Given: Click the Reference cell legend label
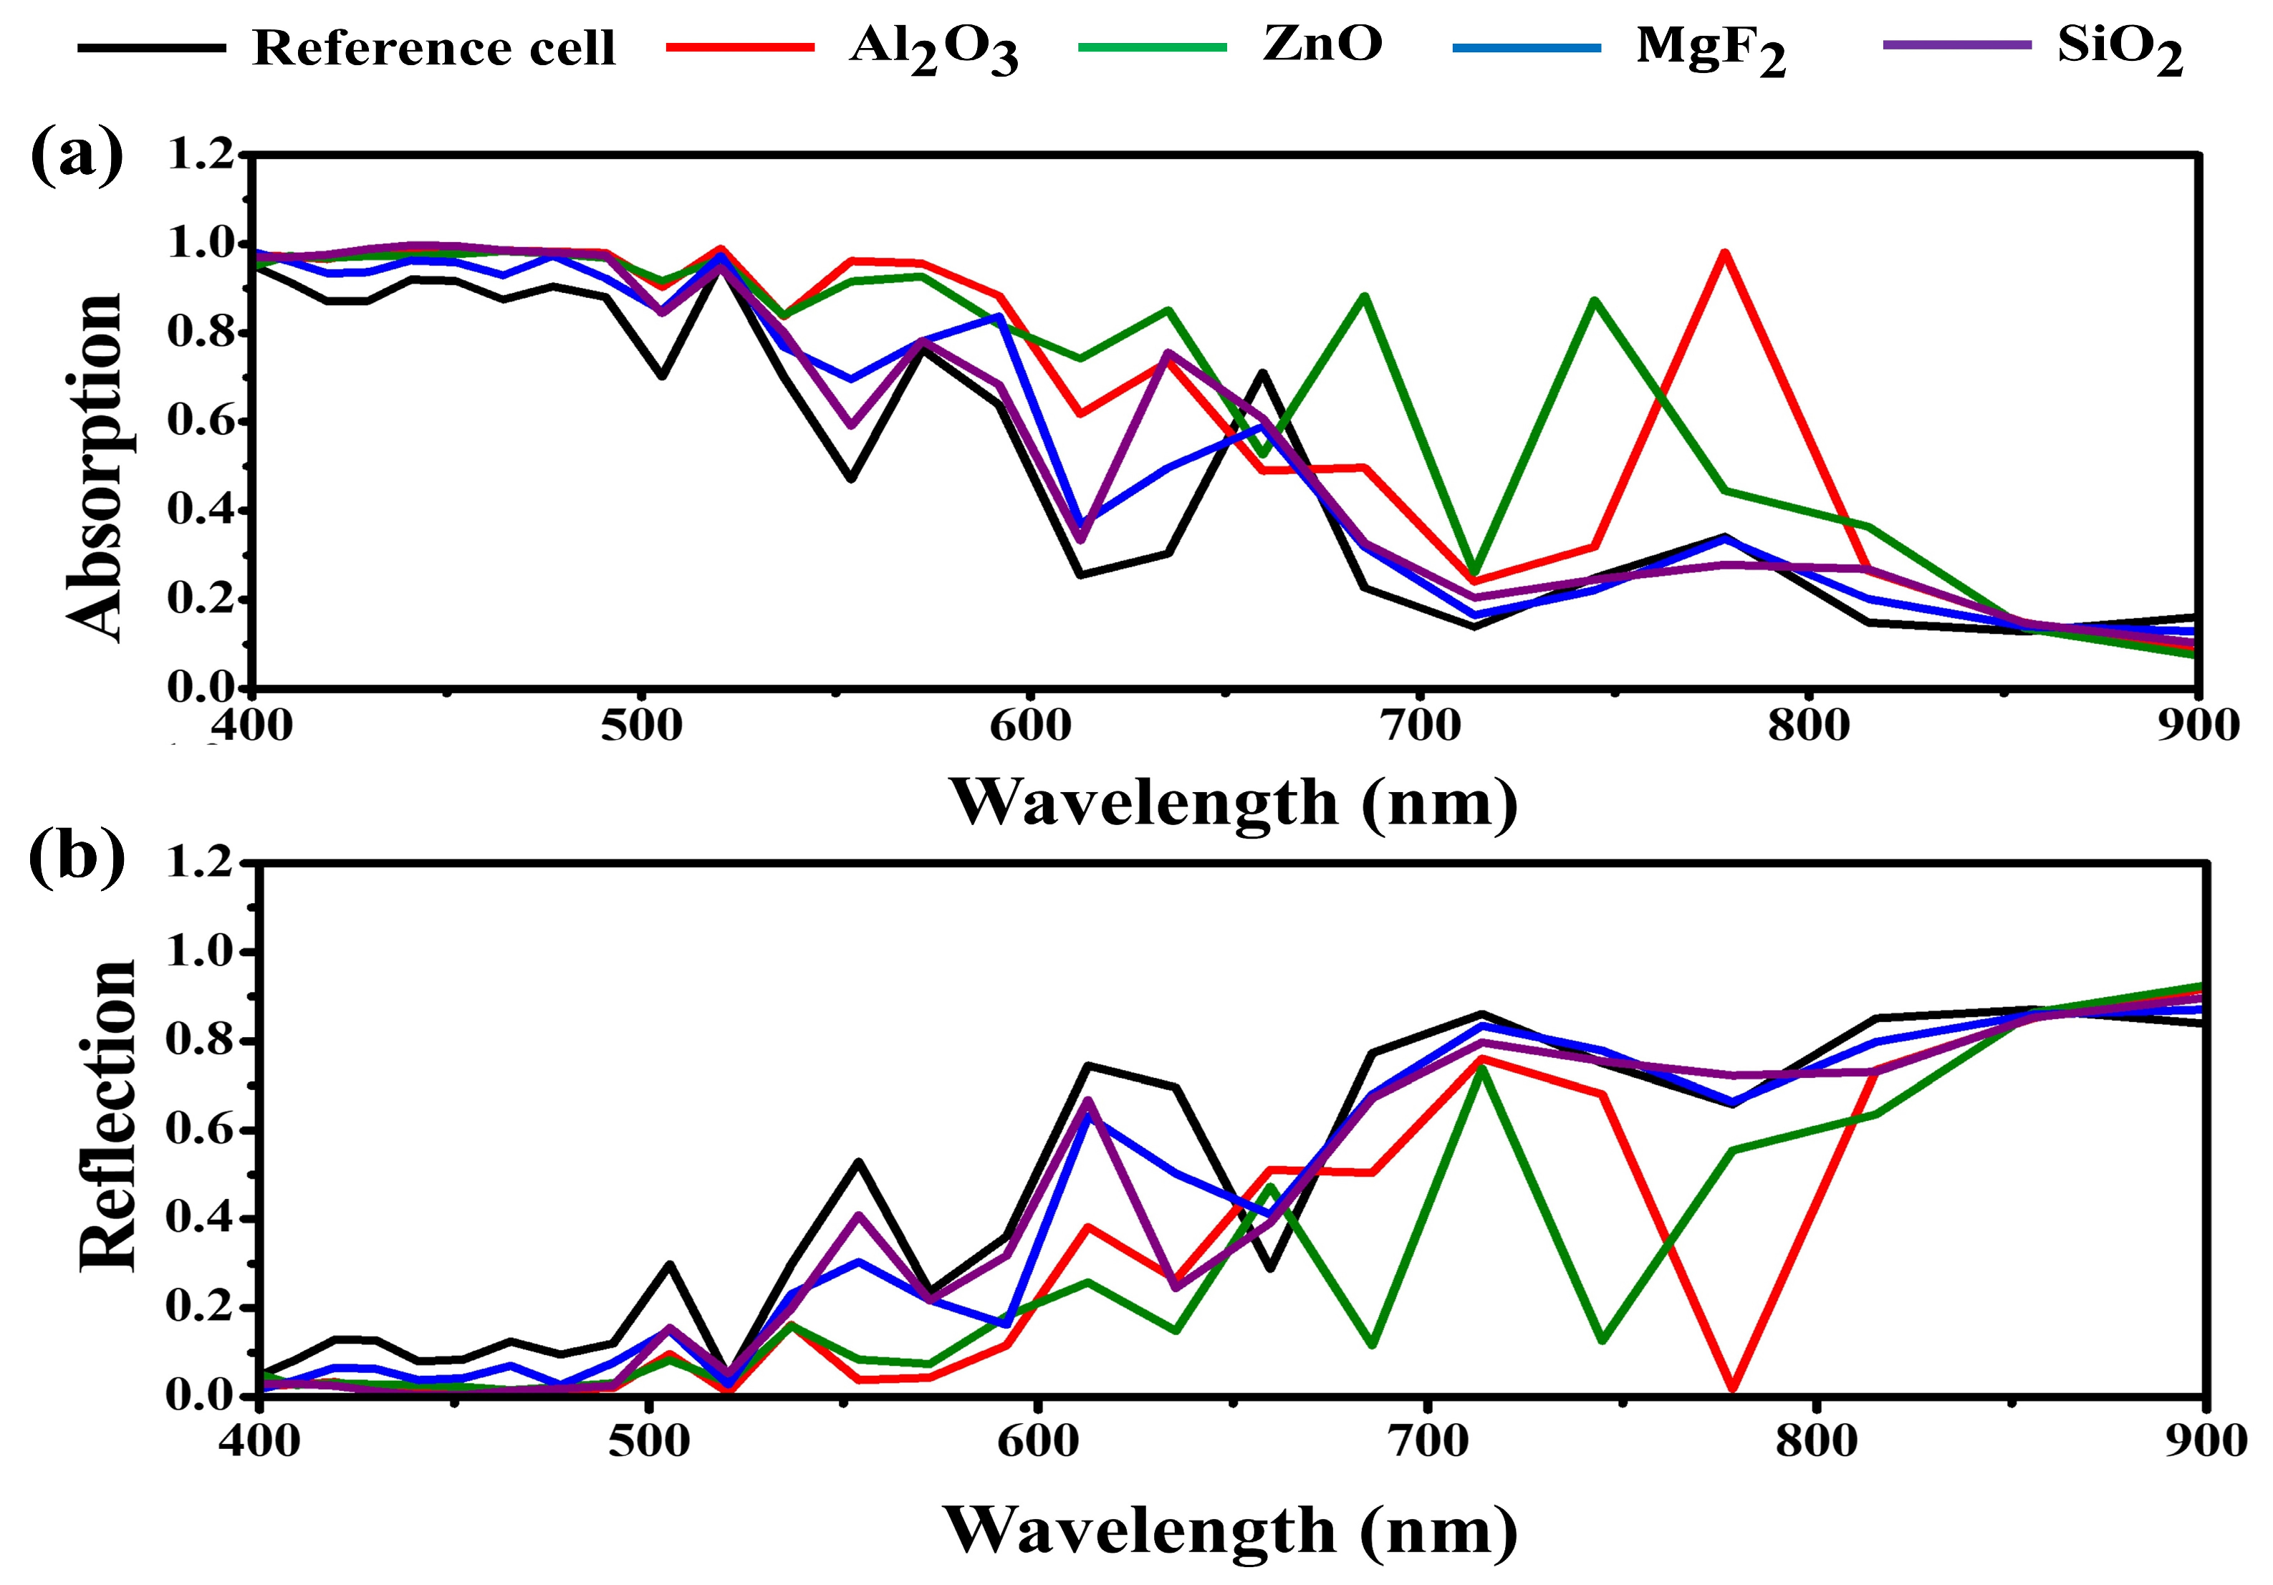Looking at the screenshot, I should (433, 47).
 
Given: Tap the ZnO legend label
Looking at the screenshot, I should (1322, 44).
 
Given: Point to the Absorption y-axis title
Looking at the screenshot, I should (94, 467).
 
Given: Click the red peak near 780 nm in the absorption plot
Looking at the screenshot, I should (1724, 254).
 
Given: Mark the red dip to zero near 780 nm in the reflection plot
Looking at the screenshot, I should (1731, 1388).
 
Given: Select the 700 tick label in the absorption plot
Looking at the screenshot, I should (1420, 725).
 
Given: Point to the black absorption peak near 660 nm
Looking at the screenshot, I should (1262, 373).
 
